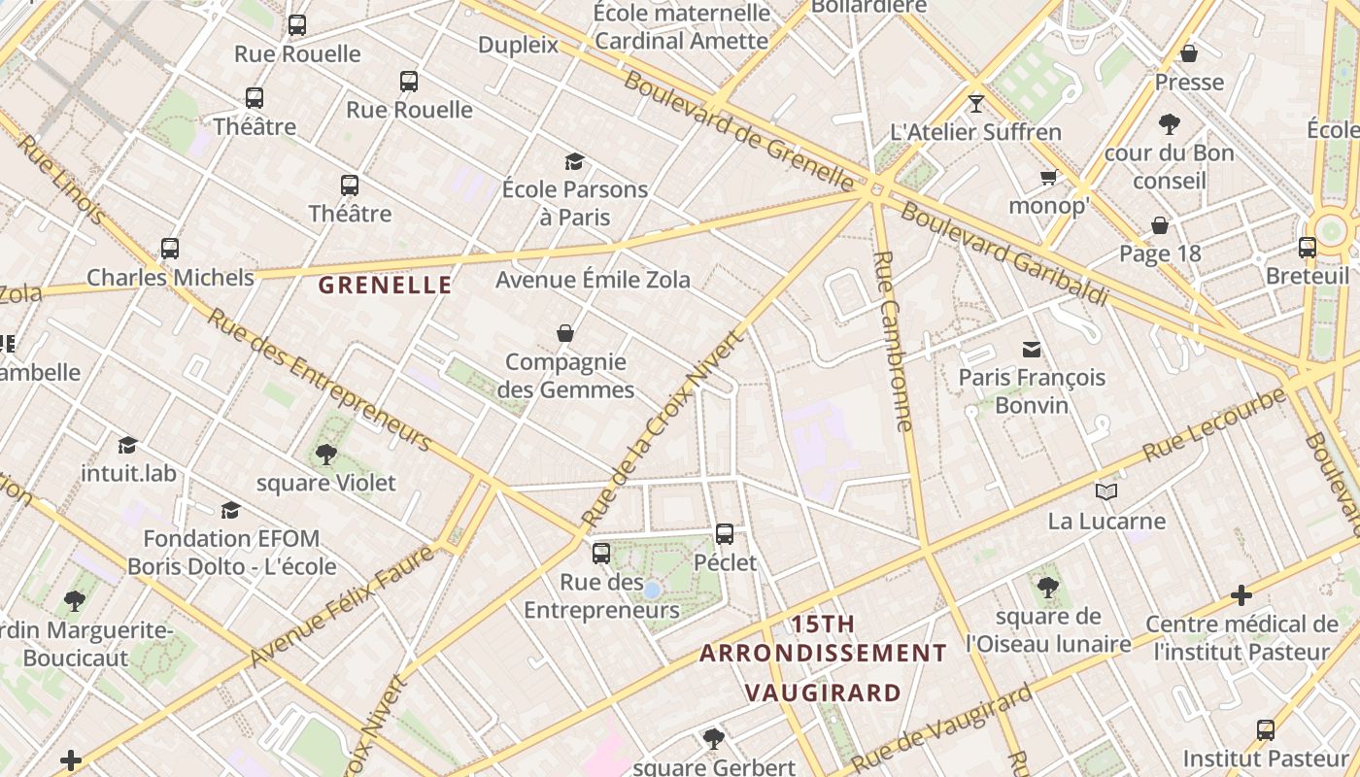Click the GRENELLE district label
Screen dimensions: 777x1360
(x=386, y=285)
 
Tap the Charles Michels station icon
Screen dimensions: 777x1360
(x=170, y=249)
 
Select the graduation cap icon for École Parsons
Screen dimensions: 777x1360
(x=575, y=161)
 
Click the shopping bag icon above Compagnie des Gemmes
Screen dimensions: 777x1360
(x=565, y=333)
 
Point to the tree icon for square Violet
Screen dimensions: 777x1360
(x=325, y=454)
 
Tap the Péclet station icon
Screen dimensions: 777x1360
(x=725, y=533)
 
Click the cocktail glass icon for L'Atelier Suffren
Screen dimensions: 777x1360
(x=976, y=103)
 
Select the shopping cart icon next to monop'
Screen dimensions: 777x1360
(x=1048, y=177)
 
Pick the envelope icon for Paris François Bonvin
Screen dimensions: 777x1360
(x=1032, y=349)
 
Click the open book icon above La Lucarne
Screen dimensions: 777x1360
(x=1106, y=491)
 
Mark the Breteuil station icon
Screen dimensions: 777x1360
(x=1308, y=248)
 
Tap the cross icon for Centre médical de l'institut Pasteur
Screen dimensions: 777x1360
(x=1241, y=594)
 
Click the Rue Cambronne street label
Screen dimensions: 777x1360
(x=893, y=340)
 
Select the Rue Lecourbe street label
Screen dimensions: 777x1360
(x=1213, y=424)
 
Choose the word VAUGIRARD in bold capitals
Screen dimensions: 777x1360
(x=823, y=693)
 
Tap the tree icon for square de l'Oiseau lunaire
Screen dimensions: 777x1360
(x=1047, y=587)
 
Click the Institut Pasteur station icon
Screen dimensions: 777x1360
(x=1265, y=729)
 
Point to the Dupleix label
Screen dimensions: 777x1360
(x=519, y=45)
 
